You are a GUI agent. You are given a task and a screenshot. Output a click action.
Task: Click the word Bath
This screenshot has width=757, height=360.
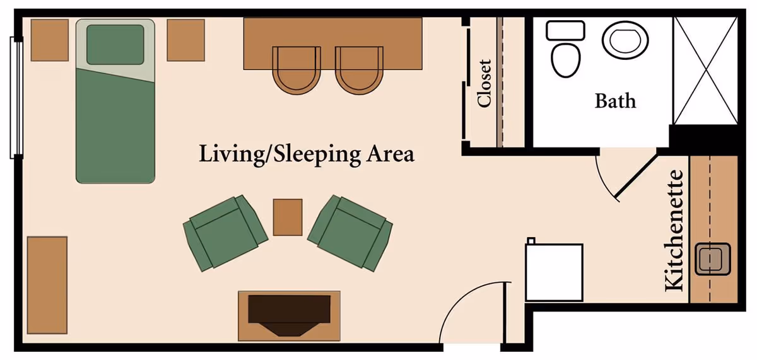[615, 101]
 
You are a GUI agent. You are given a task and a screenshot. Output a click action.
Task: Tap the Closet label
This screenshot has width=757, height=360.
[484, 83]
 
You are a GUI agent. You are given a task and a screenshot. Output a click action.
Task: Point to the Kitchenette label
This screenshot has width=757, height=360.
[674, 230]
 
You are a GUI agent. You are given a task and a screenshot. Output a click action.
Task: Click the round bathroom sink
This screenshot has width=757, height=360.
[626, 40]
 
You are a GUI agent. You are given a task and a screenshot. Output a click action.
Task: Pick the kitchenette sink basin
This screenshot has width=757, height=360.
[712, 259]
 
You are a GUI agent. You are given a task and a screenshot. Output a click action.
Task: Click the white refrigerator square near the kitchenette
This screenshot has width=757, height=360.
[554, 272]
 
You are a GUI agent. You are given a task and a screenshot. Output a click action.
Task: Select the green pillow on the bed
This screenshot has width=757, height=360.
[115, 45]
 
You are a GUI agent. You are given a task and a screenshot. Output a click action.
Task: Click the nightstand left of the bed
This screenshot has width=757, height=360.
[49, 40]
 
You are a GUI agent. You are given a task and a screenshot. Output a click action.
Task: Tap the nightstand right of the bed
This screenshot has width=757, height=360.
[185, 40]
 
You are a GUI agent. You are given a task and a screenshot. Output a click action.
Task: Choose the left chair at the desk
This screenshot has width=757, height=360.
[296, 69]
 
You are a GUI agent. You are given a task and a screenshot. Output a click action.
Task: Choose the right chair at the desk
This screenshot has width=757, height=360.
[359, 69]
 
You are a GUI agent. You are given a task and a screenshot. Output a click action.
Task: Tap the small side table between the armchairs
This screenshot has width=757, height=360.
[288, 217]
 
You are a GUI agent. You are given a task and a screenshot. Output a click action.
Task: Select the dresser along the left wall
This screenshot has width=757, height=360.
[47, 285]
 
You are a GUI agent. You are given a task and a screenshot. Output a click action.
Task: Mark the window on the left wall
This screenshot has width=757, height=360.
[16, 98]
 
